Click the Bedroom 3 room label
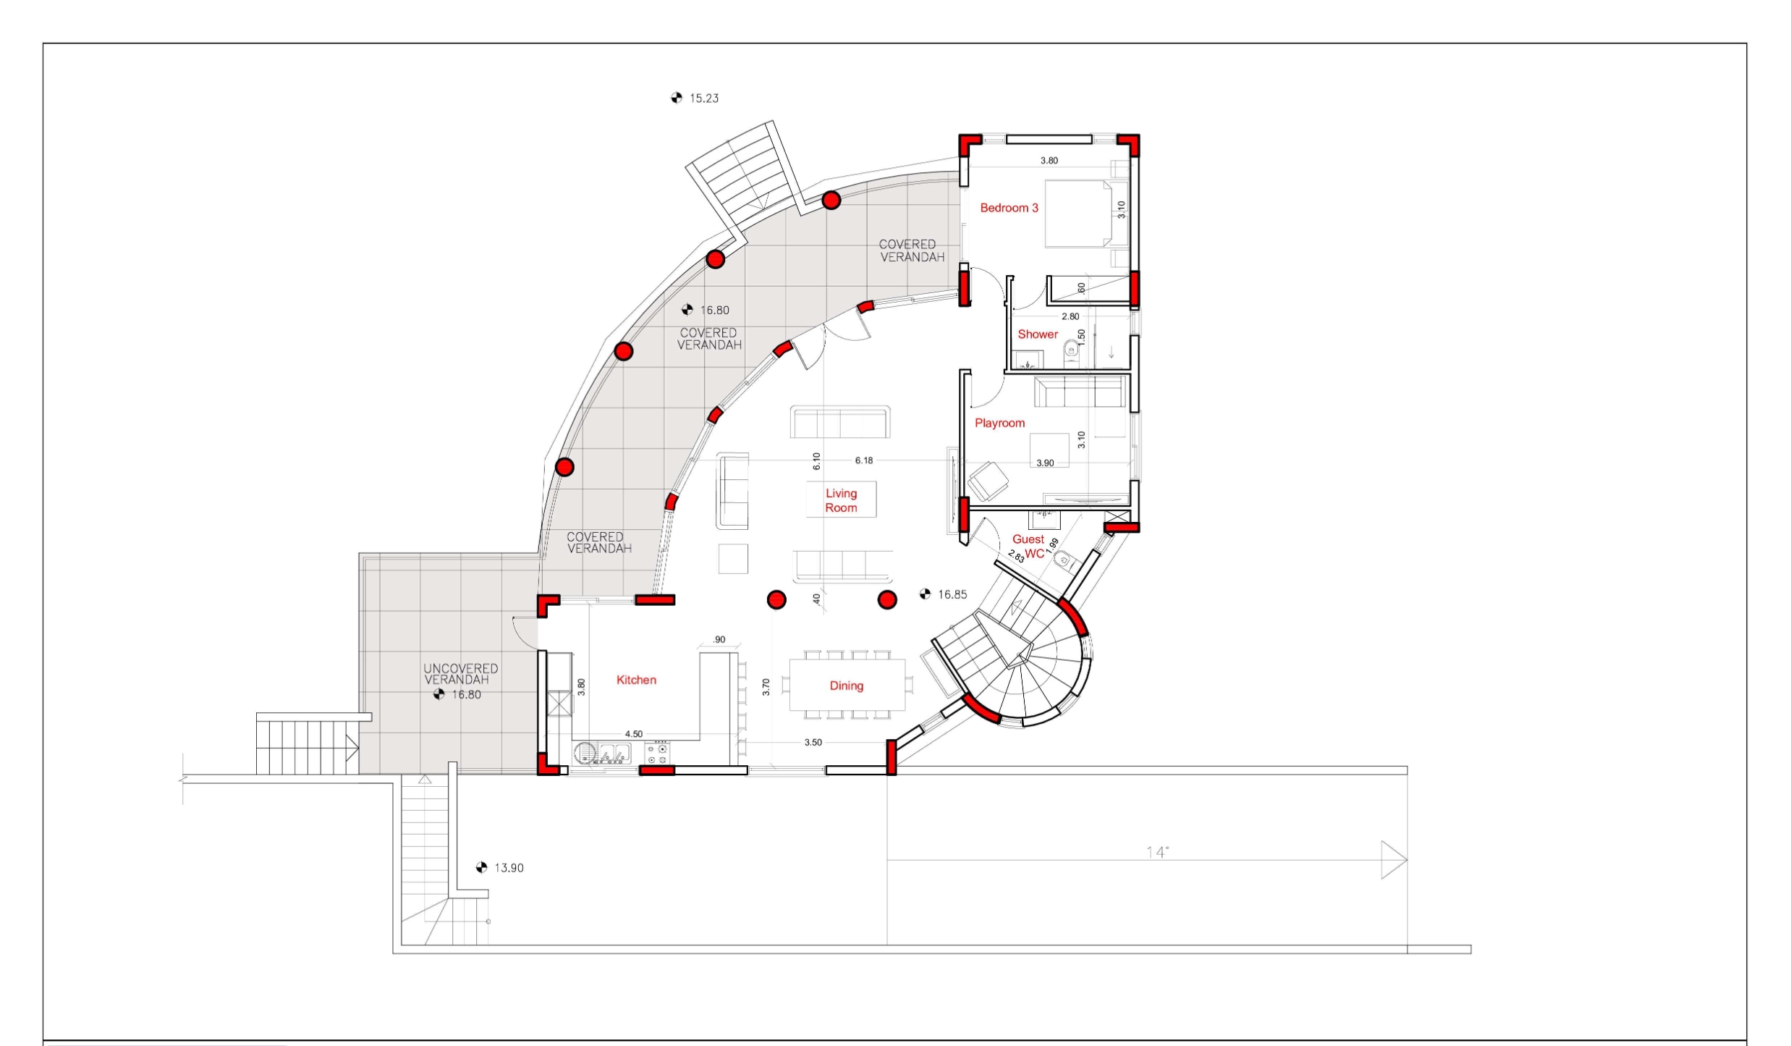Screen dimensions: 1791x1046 [1009, 208]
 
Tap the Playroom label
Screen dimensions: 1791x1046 [999, 423]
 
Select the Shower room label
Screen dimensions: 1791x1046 [1038, 334]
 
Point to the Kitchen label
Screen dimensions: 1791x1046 [636, 680]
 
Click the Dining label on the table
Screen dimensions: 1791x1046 [846, 686]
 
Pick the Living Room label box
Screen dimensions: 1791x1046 [841, 499]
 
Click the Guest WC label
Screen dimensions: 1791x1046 [1029, 547]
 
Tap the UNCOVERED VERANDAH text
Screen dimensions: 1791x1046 [461, 674]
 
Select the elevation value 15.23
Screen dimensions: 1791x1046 [704, 98]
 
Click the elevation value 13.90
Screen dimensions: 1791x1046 [509, 868]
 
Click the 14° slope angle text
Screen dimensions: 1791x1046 [1157, 852]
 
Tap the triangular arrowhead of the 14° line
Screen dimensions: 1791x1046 [1394, 860]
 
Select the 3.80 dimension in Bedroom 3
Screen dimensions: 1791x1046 [1049, 161]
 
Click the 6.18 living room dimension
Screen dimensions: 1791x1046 [864, 460]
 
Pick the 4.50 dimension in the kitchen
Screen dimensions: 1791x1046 [634, 734]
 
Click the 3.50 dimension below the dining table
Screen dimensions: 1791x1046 [813, 743]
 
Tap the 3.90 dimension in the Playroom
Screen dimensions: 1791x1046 [1045, 463]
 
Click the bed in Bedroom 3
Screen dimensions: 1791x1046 [1078, 214]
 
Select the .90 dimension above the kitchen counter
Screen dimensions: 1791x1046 [719, 640]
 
